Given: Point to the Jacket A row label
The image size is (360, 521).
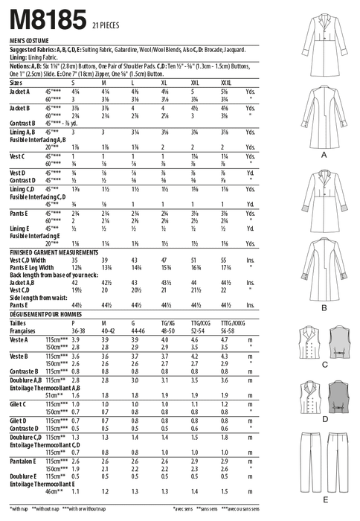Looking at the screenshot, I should click(x=22, y=92).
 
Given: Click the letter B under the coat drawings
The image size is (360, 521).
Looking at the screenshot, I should click(x=324, y=307).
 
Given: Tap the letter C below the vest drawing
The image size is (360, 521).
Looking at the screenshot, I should click(x=324, y=365).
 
